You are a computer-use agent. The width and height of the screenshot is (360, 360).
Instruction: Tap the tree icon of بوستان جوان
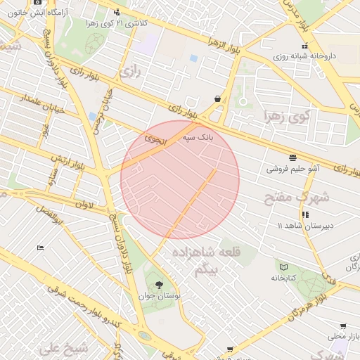pyautogui.click(x=158, y=285)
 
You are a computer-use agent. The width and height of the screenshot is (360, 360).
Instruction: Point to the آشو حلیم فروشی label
pyautogui.click(x=293, y=169)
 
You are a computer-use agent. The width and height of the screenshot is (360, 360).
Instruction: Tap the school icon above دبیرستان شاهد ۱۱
pyautogui.click(x=305, y=214)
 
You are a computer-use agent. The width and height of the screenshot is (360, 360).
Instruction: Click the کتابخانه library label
pyautogui.click(x=285, y=278)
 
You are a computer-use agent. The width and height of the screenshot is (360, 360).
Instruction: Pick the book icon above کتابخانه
pyautogui.click(x=283, y=266)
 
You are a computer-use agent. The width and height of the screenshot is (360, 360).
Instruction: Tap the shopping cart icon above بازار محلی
pyautogui.click(x=343, y=326)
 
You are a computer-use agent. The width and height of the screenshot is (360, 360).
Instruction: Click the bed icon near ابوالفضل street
pyautogui.click(x=40, y=247)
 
